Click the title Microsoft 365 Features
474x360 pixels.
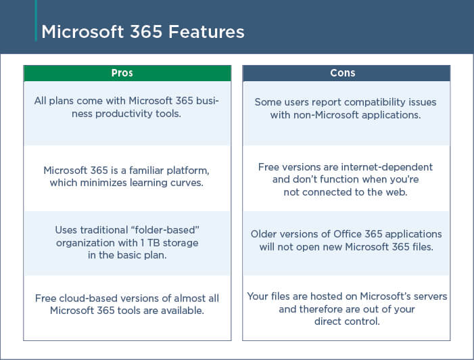pyautogui.click(x=143, y=32)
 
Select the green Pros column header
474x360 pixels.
pyautogui.click(x=127, y=73)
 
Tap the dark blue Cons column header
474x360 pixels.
pyautogui.click(x=346, y=73)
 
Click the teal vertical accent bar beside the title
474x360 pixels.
pyautogui.click(x=36, y=20)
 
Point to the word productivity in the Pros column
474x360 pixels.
pyautogui.click(x=124, y=114)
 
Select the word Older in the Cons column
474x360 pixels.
pyautogui.click(x=264, y=234)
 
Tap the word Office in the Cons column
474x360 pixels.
pyautogui.click(x=348, y=234)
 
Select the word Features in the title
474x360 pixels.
pyautogui.click(x=206, y=32)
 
